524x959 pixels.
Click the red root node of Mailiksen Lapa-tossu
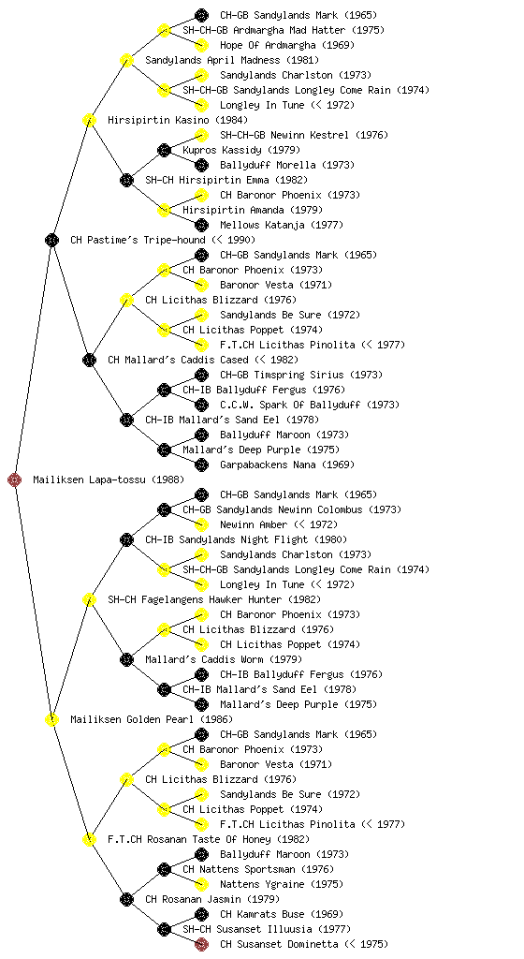(x=15, y=479)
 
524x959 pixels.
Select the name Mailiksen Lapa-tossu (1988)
(x=109, y=479)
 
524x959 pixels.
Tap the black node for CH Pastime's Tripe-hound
(x=51, y=240)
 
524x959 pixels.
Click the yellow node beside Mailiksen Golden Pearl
(x=51, y=719)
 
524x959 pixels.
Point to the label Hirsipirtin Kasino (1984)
(x=178, y=120)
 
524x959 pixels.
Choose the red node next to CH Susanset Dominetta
(x=201, y=944)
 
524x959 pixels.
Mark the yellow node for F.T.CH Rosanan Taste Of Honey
(x=89, y=839)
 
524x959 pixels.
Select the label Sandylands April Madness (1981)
(x=232, y=60)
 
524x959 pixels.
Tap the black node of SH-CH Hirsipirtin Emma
(x=126, y=180)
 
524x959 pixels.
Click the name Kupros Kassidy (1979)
(x=241, y=150)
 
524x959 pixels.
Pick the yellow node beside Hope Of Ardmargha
(x=201, y=45)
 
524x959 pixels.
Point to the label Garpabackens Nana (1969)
(x=287, y=465)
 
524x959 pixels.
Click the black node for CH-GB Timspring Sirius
(x=201, y=375)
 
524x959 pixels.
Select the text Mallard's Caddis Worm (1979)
(x=224, y=659)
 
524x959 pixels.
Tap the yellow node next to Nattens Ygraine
(x=201, y=884)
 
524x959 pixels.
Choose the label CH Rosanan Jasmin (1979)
(x=212, y=899)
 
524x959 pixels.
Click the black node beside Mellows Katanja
(x=201, y=225)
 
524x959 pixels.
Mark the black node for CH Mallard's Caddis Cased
(x=89, y=360)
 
